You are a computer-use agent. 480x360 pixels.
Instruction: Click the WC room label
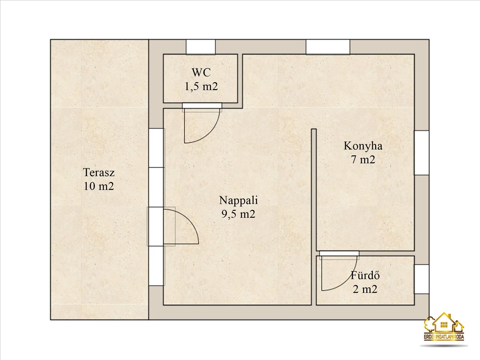(201, 72)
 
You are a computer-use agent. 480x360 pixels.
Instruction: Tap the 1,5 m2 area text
(201, 87)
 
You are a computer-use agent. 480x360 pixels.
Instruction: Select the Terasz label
(99, 172)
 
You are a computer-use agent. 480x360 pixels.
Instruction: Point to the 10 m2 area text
(99, 186)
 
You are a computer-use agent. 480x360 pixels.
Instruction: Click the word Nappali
(238, 201)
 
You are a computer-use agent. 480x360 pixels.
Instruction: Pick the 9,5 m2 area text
(238, 214)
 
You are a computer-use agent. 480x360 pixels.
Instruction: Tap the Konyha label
(363, 146)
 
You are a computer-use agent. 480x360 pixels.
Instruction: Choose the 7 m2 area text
(363, 160)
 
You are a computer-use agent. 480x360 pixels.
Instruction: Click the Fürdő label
(365, 276)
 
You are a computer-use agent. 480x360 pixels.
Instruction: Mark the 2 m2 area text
(365, 290)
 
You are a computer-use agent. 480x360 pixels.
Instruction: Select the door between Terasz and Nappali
(173, 226)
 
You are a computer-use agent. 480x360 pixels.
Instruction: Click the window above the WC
(201, 47)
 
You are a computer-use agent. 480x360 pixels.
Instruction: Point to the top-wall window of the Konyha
(328, 47)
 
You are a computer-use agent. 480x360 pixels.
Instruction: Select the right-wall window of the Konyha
(422, 153)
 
